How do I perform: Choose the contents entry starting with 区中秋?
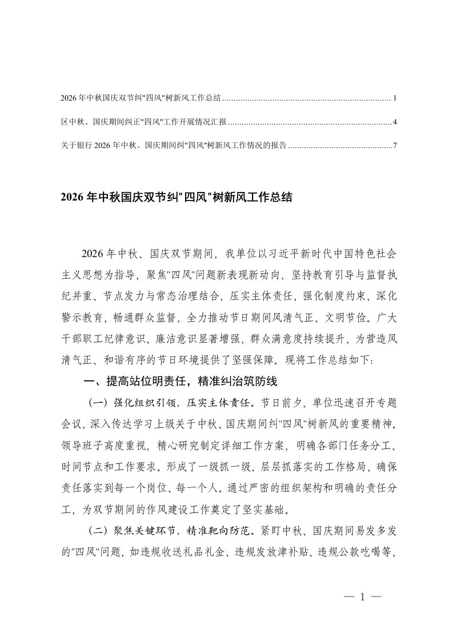pyautogui.click(x=143, y=122)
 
